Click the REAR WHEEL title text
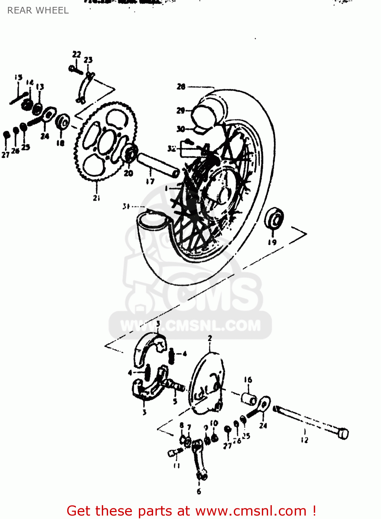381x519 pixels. [38, 10]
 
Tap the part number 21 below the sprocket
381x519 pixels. [96, 198]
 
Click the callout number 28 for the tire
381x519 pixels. [181, 86]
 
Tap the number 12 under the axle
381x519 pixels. [304, 440]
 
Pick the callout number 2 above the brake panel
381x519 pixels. [210, 338]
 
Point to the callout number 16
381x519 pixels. [248, 380]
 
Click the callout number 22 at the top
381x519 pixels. [77, 54]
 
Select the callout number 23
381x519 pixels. [88, 60]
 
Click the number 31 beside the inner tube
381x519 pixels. [126, 206]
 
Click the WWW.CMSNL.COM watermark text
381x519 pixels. [190, 326]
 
